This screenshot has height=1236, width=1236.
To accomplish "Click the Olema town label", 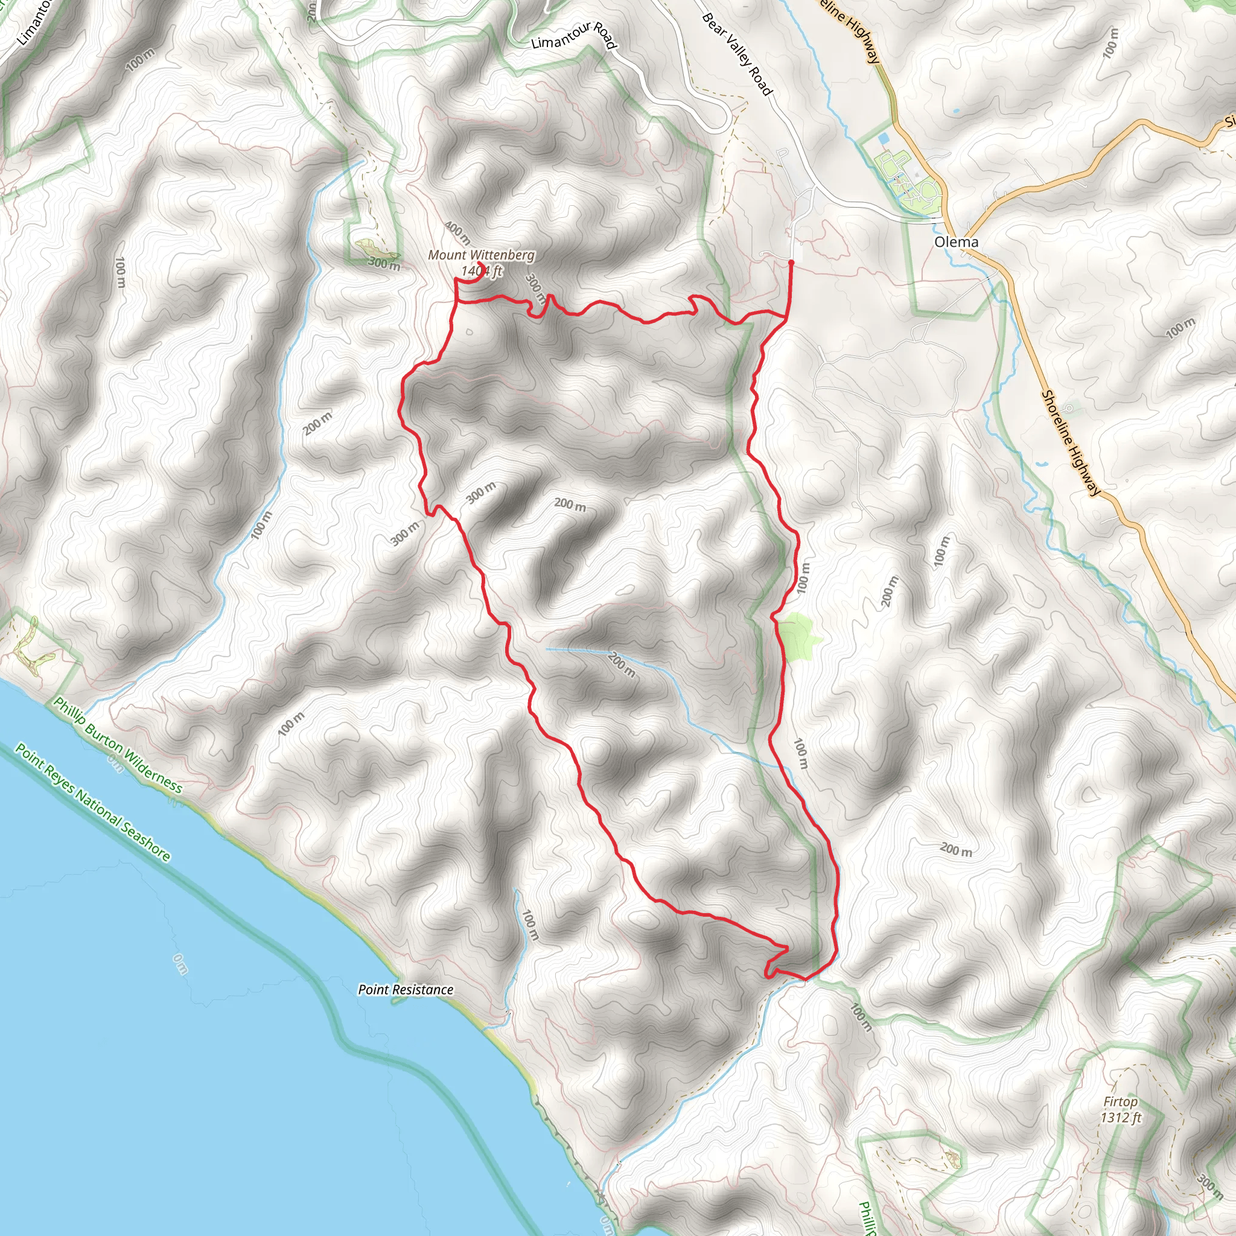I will click(x=956, y=242).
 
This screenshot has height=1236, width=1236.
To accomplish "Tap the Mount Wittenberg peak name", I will click(x=480, y=255).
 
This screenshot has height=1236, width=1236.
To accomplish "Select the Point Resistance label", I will click(x=406, y=990).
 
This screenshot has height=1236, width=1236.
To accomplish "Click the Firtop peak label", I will click(x=1120, y=1101).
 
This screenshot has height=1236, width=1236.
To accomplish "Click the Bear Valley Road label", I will click(x=737, y=54).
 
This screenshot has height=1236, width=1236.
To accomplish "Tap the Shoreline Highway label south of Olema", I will click(x=1071, y=443).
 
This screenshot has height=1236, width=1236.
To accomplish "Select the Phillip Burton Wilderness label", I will click(x=118, y=745).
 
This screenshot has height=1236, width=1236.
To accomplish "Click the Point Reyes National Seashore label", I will click(x=94, y=802).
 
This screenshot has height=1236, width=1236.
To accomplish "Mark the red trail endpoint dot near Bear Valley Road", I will click(x=791, y=263).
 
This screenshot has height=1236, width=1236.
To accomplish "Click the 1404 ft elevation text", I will click(x=481, y=271).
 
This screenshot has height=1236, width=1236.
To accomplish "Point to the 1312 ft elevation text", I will click(x=1121, y=1118).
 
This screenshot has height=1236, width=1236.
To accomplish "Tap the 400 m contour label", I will click(x=457, y=234).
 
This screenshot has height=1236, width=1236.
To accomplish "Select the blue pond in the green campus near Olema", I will click(x=884, y=138).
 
